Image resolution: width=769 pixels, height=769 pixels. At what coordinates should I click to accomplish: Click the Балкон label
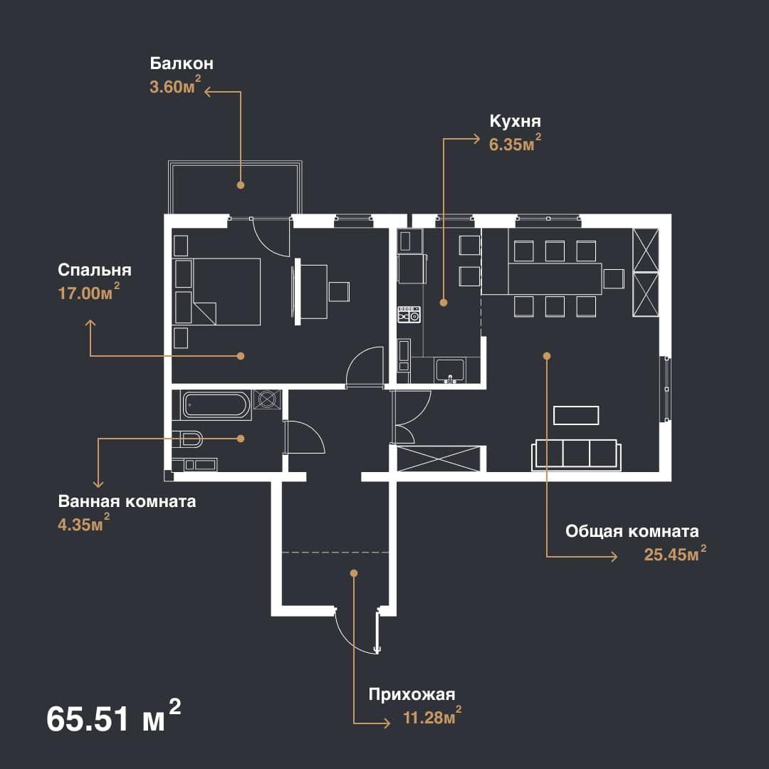[x=182, y=63]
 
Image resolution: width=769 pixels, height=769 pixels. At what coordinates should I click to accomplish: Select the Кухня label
[x=515, y=120]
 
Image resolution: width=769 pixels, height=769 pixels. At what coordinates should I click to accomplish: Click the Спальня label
[x=95, y=270]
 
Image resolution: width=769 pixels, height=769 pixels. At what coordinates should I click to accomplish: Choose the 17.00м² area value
[x=89, y=292]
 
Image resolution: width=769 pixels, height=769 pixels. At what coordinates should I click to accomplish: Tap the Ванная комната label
[x=127, y=501]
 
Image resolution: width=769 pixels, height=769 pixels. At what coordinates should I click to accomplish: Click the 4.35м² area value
[x=84, y=523]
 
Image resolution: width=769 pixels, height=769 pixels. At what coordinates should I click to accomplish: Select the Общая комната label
[x=632, y=531]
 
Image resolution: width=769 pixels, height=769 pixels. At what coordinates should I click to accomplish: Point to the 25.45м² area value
[x=675, y=553]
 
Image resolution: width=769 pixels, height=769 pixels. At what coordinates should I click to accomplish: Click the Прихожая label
[x=412, y=694]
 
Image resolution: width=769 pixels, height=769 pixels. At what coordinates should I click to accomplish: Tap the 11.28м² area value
[x=432, y=716]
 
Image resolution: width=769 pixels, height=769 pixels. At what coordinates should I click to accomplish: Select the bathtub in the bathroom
[x=216, y=405]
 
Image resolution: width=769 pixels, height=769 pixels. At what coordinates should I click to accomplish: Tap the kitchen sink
[x=450, y=370]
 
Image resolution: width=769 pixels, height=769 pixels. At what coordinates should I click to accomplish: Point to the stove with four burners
[x=409, y=315]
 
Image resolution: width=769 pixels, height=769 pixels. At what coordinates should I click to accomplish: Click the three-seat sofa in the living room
[x=576, y=454]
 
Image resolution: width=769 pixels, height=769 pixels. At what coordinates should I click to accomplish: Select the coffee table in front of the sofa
[x=576, y=415]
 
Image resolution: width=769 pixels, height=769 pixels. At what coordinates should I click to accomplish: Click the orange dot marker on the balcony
[x=241, y=185]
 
